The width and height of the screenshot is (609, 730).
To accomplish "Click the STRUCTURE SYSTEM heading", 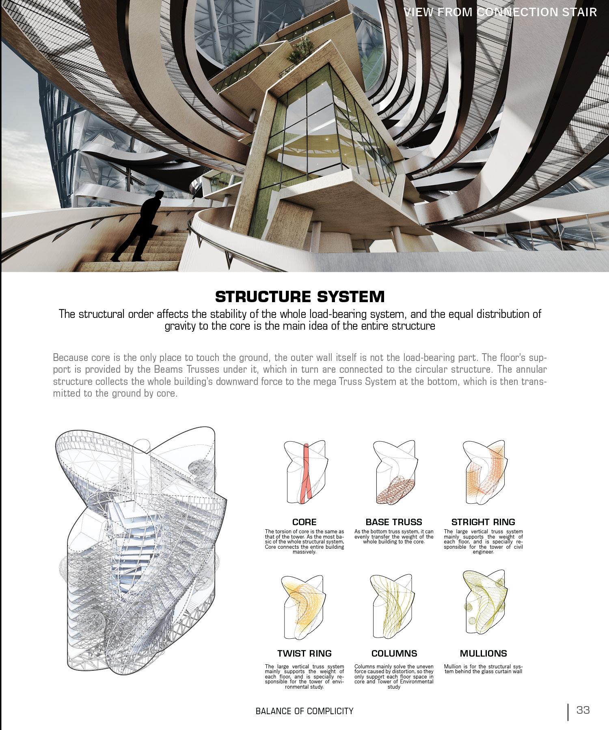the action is pos(300,297).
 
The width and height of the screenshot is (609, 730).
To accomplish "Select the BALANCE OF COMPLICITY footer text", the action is pos(304,711).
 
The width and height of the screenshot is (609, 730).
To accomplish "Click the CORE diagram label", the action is pos(304,522).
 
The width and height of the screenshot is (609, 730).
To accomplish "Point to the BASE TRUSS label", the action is pos(393,522).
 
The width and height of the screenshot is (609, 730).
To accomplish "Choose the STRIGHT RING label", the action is pos(483,522).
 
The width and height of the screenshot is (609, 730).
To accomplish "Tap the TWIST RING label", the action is pos(304,653).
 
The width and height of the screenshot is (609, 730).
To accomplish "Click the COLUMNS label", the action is pos(394,653).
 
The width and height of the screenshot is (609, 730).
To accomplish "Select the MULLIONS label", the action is pos(483,653).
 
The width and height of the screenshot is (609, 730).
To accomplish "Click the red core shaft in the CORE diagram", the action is pos(307,474).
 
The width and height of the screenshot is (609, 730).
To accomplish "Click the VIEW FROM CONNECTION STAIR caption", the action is pos(500,12).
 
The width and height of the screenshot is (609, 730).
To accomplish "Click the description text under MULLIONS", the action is pos(483,669).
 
